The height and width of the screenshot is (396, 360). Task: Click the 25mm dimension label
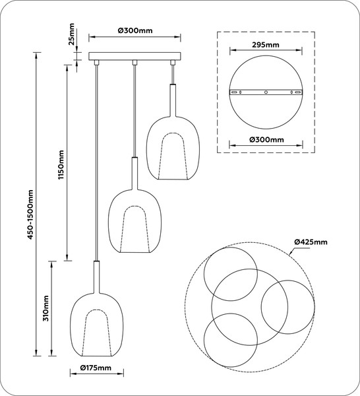[72, 34]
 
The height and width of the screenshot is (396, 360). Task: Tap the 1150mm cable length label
[61, 164]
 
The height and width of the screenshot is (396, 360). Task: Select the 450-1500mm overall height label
[30, 214]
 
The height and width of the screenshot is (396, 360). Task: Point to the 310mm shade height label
[45, 308]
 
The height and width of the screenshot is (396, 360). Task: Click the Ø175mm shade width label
[96, 368]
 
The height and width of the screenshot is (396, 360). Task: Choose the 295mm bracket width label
[266, 45]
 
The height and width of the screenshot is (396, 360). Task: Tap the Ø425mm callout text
[311, 242]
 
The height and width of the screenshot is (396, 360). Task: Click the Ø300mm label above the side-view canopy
[135, 30]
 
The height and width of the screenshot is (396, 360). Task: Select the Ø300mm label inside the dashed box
[266, 140]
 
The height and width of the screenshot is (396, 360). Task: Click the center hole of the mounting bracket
[266, 92]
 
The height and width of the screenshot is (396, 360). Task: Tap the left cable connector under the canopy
[96, 63]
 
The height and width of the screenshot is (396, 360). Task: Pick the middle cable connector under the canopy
[135, 63]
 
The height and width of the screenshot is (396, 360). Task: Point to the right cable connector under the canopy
[173, 63]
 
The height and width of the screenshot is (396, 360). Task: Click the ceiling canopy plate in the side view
[135, 56]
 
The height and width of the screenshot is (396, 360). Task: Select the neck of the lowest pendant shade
[96, 277]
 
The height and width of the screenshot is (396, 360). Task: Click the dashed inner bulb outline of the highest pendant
[173, 133]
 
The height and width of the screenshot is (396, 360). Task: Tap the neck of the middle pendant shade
[135, 173]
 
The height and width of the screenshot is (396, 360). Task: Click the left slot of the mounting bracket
[234, 92]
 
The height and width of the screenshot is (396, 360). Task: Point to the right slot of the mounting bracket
[298, 92]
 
